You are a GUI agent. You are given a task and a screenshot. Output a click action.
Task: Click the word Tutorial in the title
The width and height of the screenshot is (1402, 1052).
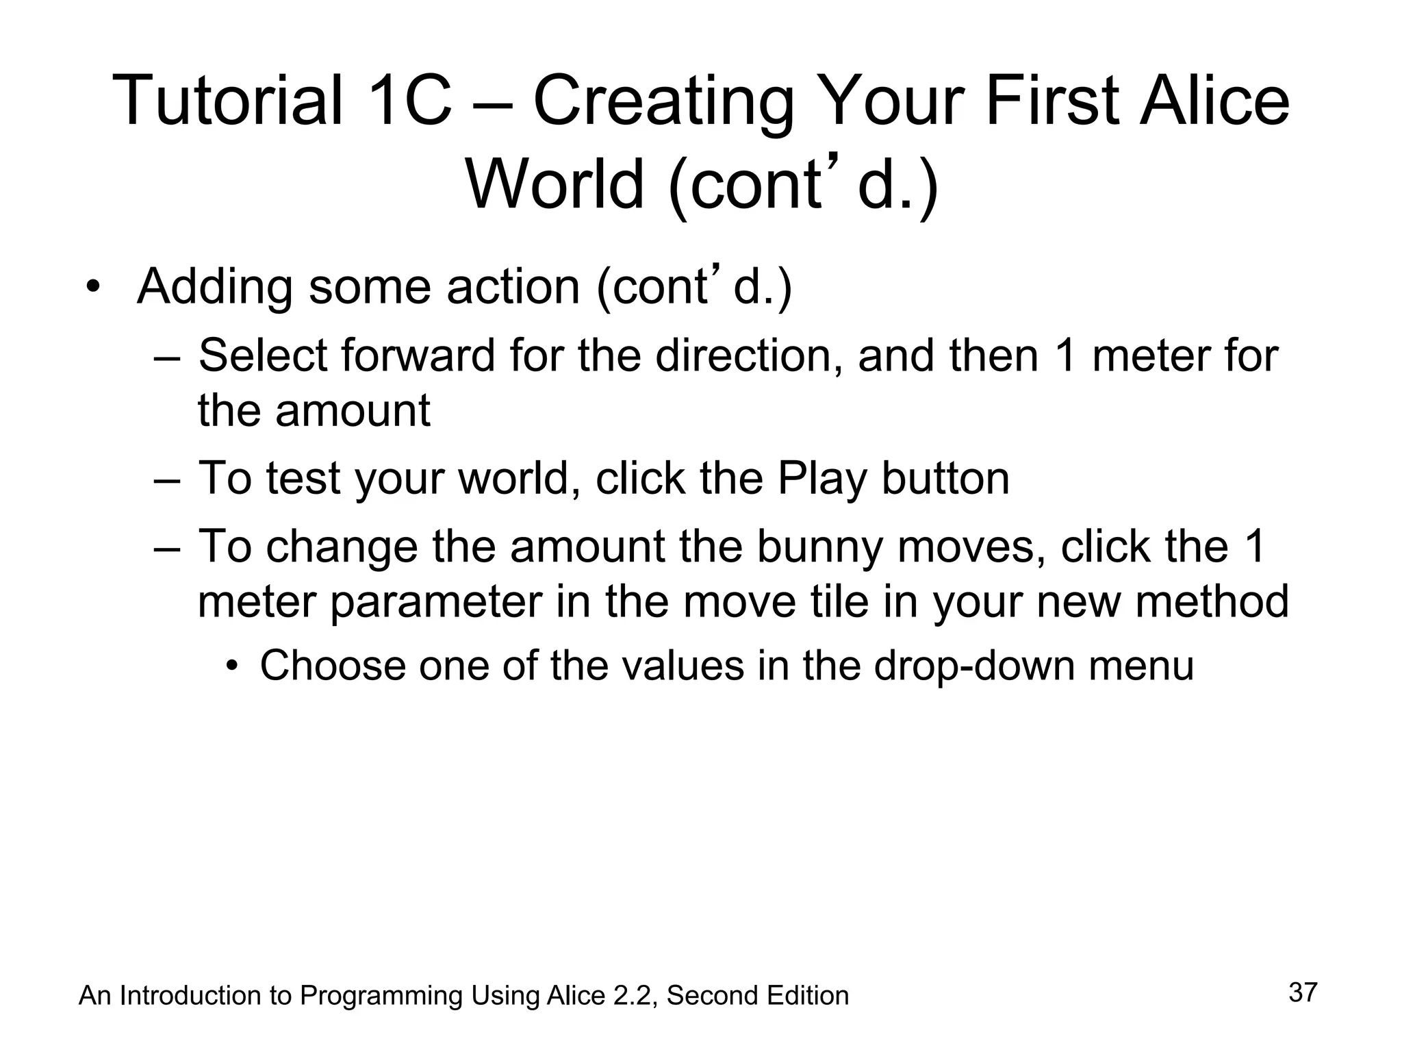coord(227,101)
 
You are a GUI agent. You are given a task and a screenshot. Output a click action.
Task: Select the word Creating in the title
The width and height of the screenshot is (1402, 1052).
coord(663,101)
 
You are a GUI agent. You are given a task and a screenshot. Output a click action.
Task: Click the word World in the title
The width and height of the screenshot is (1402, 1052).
coord(555,185)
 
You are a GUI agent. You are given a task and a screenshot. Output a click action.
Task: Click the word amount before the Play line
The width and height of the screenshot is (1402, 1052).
coord(353,411)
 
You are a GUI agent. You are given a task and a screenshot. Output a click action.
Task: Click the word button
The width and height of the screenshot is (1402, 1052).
coord(945,479)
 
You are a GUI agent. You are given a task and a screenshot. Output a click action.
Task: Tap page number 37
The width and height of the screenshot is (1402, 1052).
coord(1303,992)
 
